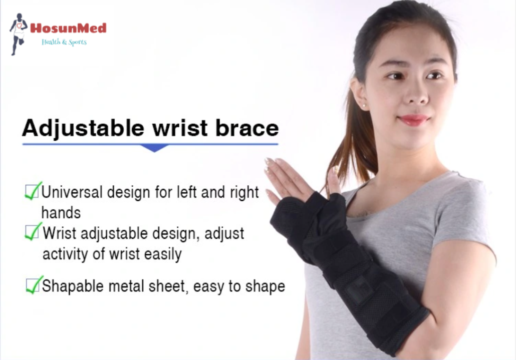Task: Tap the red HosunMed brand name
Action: (x=69, y=28)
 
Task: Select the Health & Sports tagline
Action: (x=64, y=42)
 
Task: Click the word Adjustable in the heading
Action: (x=83, y=128)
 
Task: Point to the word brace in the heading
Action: (x=247, y=128)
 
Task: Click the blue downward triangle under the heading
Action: (x=154, y=148)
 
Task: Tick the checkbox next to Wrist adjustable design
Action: (x=33, y=232)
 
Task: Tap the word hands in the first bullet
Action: (x=61, y=213)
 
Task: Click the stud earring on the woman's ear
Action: (x=364, y=106)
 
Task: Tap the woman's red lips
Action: (x=414, y=120)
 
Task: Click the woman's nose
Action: (x=416, y=93)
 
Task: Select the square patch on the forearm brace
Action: (x=359, y=289)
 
